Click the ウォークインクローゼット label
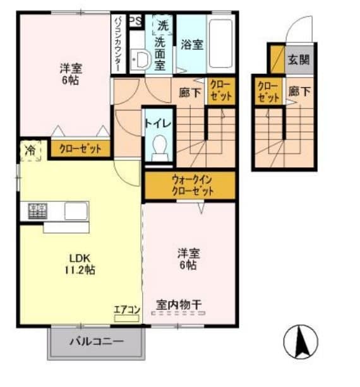(189, 185)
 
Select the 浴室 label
(191, 44)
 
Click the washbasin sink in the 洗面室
(140, 61)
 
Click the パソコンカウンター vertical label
(118, 44)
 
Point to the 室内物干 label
(179, 305)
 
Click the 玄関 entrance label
(299, 60)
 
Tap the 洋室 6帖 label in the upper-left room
(71, 74)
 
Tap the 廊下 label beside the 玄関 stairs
(299, 92)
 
